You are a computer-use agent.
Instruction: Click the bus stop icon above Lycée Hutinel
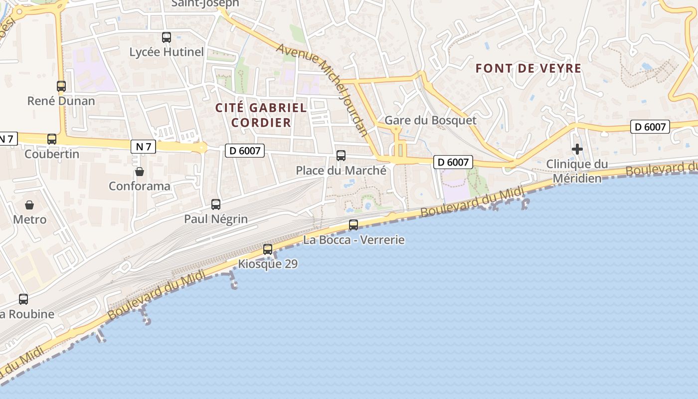point(167,37)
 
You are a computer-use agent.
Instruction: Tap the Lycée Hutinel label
point(167,52)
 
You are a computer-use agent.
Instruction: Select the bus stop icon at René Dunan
point(61,86)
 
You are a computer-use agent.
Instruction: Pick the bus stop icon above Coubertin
point(52,139)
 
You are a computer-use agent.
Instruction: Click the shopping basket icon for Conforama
point(140,172)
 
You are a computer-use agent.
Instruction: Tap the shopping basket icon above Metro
point(29,204)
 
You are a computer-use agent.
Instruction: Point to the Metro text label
point(30,219)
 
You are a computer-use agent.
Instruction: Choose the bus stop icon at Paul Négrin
point(216,204)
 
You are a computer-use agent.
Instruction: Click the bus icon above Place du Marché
point(341,156)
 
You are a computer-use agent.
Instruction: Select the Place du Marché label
point(341,171)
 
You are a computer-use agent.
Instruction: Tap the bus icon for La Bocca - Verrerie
point(353,225)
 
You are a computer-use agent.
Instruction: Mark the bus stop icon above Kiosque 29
point(268,249)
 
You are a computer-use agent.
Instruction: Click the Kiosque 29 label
point(268,264)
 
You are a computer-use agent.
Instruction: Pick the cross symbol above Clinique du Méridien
point(577,149)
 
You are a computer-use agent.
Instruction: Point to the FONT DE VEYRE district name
point(528,68)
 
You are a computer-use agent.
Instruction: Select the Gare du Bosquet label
point(430,120)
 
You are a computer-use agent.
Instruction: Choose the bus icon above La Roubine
point(23,299)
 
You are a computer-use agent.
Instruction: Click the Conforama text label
point(140,186)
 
